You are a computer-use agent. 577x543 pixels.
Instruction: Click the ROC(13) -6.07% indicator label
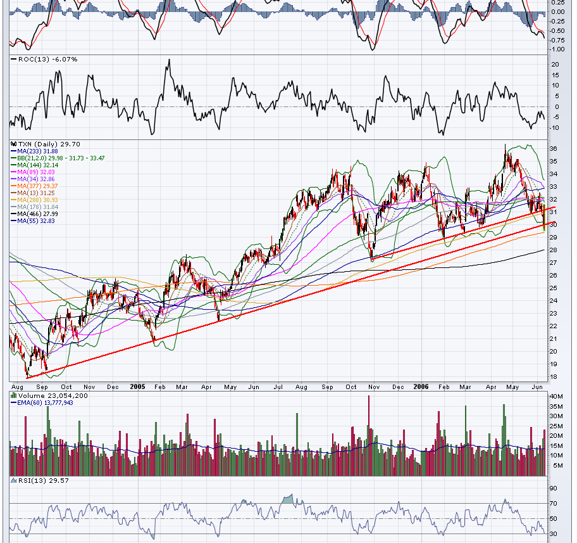(x=44, y=59)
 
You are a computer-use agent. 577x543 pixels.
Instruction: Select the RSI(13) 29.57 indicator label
(x=39, y=481)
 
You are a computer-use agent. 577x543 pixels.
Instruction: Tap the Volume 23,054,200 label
(x=51, y=395)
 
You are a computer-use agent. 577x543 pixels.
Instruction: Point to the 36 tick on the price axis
(x=553, y=149)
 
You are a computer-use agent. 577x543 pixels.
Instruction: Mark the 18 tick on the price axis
(x=553, y=377)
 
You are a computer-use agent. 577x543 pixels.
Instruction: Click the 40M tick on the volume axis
(x=555, y=397)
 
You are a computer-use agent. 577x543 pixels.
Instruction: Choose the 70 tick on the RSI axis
(x=553, y=504)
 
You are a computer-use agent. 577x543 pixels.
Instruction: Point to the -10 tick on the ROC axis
(x=554, y=128)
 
